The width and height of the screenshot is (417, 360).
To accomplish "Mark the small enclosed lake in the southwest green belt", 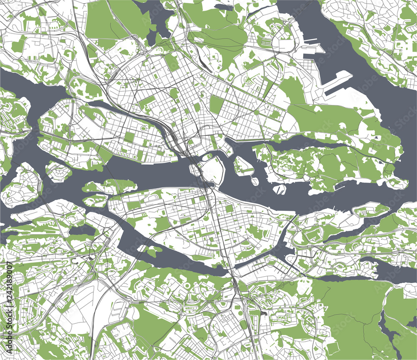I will click(78, 230).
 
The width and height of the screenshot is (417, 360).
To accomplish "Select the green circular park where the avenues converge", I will click(256, 112).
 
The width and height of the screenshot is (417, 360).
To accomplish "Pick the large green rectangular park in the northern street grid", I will click(216, 105).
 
